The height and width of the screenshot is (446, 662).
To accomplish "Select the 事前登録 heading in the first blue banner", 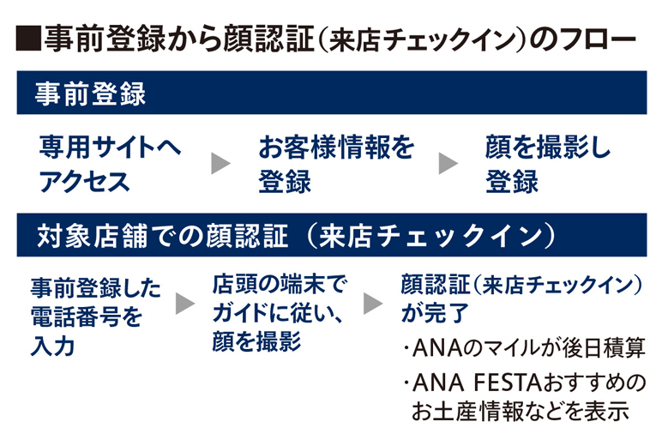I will click(x=91, y=93).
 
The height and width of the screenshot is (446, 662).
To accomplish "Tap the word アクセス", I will click(x=84, y=181).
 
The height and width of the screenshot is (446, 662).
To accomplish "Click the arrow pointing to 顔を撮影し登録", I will click(x=448, y=163).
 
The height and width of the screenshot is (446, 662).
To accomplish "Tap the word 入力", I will click(x=52, y=346).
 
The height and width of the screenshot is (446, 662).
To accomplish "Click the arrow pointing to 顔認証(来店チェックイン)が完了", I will click(x=372, y=302).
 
